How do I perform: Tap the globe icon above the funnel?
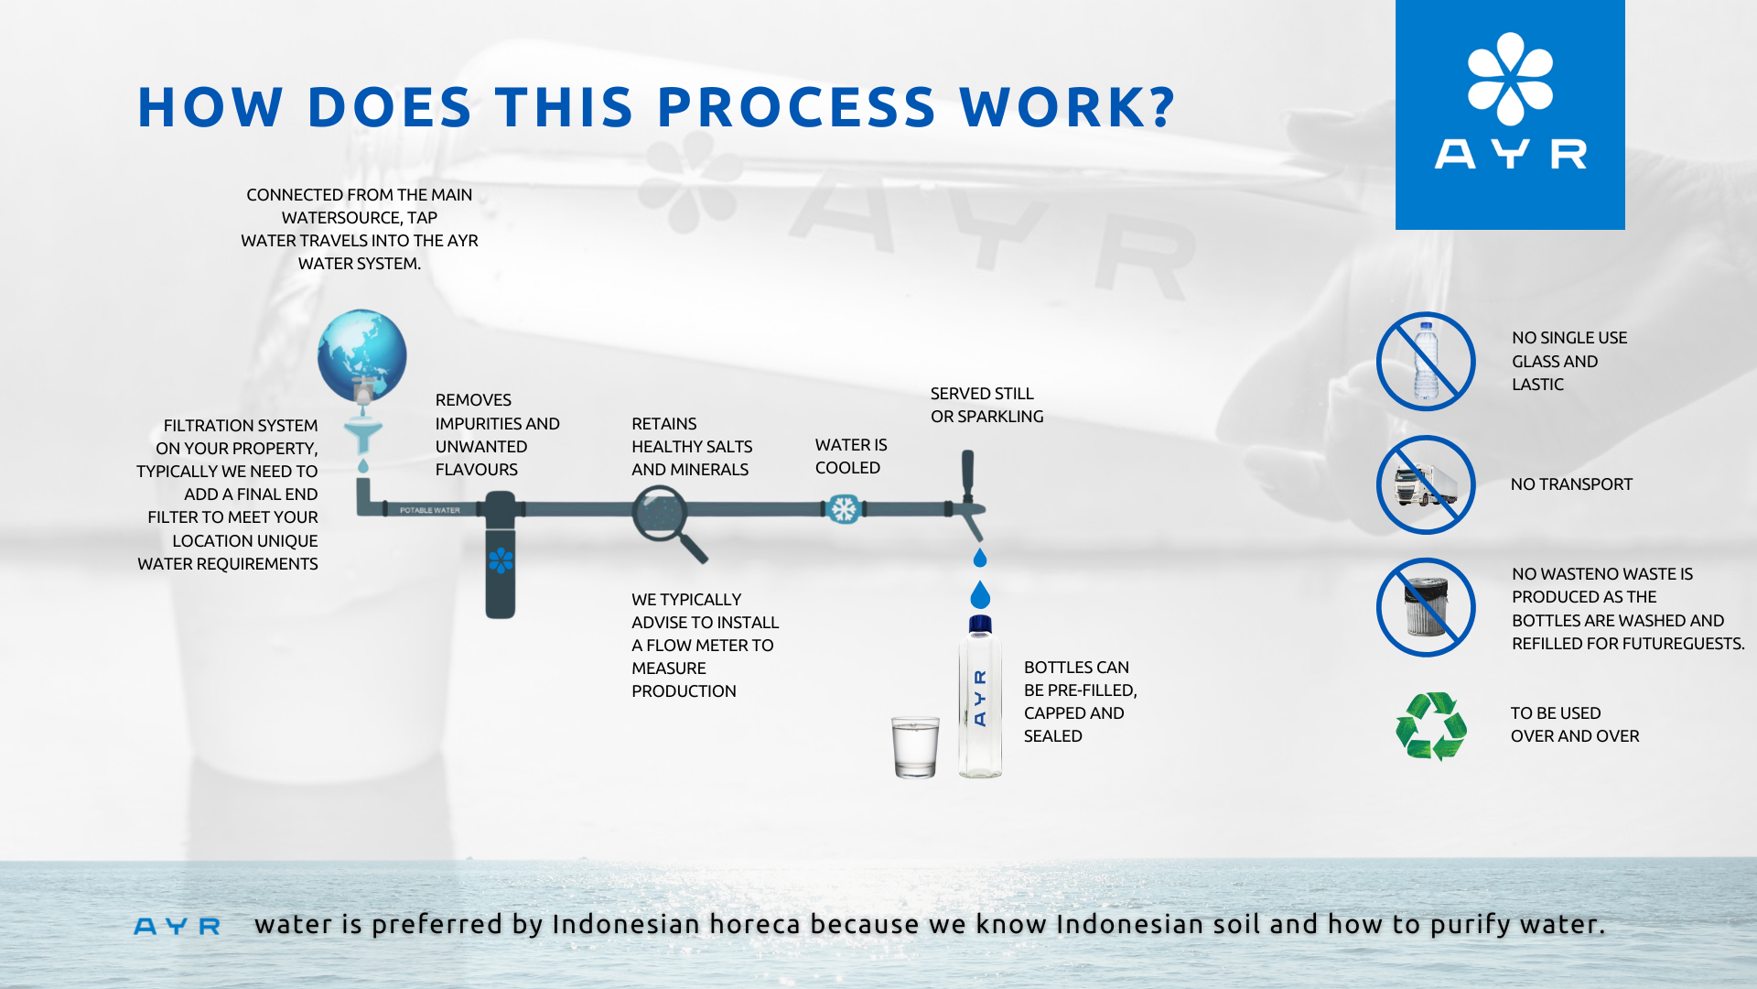362,354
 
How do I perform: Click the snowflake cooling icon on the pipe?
843,509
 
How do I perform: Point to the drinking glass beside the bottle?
915,747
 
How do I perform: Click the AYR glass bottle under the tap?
980,697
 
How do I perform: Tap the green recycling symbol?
1431,725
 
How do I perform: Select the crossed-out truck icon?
1426,484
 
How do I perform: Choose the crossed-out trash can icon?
1426,607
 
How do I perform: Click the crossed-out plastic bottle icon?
1426,362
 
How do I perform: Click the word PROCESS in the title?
797,107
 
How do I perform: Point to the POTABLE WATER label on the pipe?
430,510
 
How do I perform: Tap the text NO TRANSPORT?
1571,484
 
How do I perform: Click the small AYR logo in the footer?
177,927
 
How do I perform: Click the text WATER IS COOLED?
851,456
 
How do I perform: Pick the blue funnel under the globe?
362,437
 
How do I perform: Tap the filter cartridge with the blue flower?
501,556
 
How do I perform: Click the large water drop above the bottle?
980,595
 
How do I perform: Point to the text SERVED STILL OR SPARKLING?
986,405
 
